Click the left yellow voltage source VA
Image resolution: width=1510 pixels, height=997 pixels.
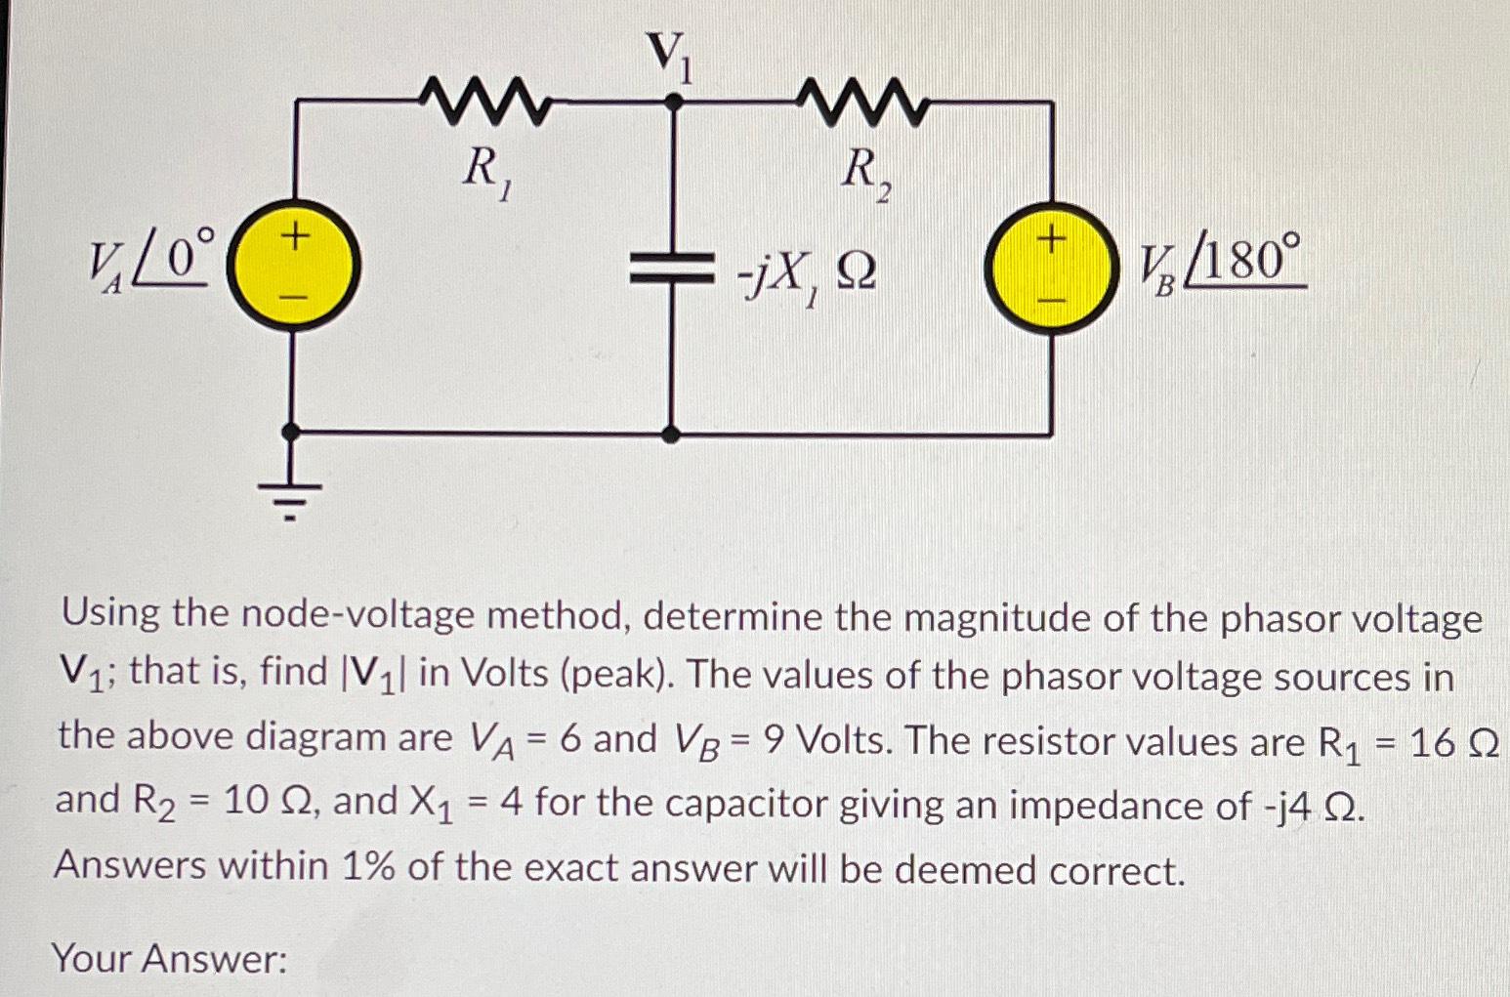click(293, 266)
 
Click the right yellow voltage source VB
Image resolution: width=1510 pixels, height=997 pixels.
click(1050, 269)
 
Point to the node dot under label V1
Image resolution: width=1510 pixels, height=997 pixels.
click(671, 102)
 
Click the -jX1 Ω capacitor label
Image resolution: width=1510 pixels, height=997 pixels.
click(807, 276)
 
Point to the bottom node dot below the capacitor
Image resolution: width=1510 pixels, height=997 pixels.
click(671, 433)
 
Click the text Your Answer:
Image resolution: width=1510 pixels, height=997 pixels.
click(169, 959)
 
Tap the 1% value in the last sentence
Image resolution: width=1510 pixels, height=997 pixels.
click(367, 866)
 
